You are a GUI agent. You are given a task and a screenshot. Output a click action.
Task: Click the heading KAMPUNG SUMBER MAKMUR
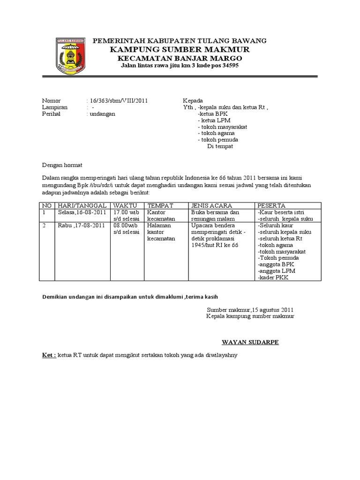pos(180,50)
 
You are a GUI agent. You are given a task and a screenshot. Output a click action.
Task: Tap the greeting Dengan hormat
pos(62,165)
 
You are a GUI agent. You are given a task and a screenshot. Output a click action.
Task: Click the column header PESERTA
pos(271,206)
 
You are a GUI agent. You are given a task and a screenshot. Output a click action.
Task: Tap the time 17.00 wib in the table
pos(126,213)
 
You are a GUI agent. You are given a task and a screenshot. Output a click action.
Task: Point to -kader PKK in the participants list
pos(273,278)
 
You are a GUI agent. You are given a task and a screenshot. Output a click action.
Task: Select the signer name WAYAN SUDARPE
pos(250,342)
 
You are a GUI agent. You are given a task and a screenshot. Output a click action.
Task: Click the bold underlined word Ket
pos(48,355)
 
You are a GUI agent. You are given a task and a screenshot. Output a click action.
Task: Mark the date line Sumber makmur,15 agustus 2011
pos(250,310)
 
